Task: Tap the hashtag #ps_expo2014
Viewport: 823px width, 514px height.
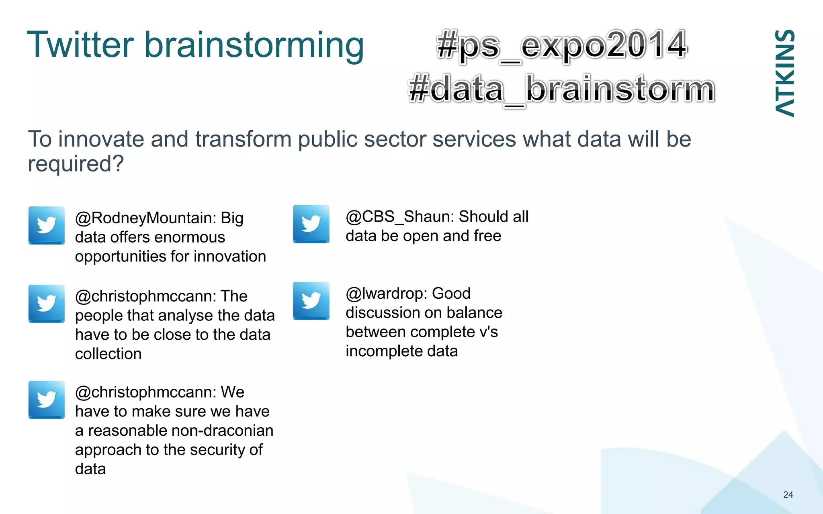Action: tap(562, 45)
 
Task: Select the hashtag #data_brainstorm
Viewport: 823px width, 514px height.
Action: tap(562, 89)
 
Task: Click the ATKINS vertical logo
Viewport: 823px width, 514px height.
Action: tap(784, 73)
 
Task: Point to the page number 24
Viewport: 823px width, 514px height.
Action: tap(788, 495)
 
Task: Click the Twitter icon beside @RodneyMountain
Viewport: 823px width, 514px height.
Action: tap(47, 225)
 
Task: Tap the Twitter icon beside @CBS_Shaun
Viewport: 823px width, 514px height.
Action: tap(311, 224)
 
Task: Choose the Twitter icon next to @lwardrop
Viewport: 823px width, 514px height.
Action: tap(311, 301)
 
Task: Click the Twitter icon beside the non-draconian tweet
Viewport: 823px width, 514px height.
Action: tap(47, 400)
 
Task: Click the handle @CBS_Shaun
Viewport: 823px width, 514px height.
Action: tap(400, 217)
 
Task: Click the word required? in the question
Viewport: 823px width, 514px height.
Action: tap(76, 164)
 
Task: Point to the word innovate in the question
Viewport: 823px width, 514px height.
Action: tap(100, 139)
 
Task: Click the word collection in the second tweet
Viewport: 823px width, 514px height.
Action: tap(108, 354)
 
